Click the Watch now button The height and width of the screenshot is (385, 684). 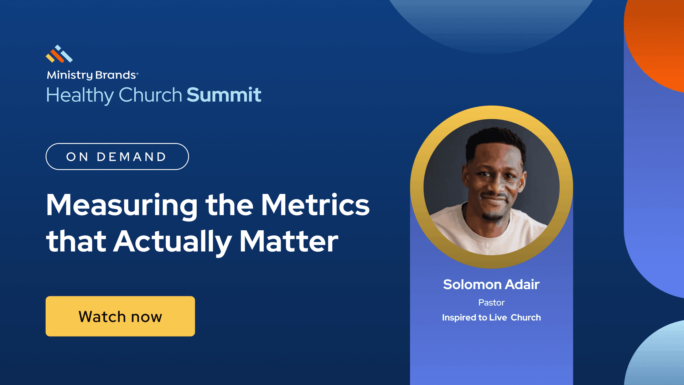tap(120, 316)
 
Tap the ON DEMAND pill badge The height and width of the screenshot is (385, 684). tap(117, 156)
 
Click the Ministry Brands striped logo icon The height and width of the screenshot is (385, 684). tap(59, 54)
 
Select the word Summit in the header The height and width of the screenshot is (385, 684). tap(224, 95)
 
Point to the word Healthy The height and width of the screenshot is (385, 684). tap(80, 96)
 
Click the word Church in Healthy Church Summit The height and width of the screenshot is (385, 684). tap(150, 95)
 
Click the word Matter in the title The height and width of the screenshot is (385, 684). tap(289, 241)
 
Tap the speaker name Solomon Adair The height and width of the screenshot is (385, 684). tap(491, 284)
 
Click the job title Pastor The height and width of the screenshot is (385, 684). tap(491, 303)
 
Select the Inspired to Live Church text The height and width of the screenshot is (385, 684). tap(491, 318)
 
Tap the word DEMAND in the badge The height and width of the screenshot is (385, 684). tap(131, 157)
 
